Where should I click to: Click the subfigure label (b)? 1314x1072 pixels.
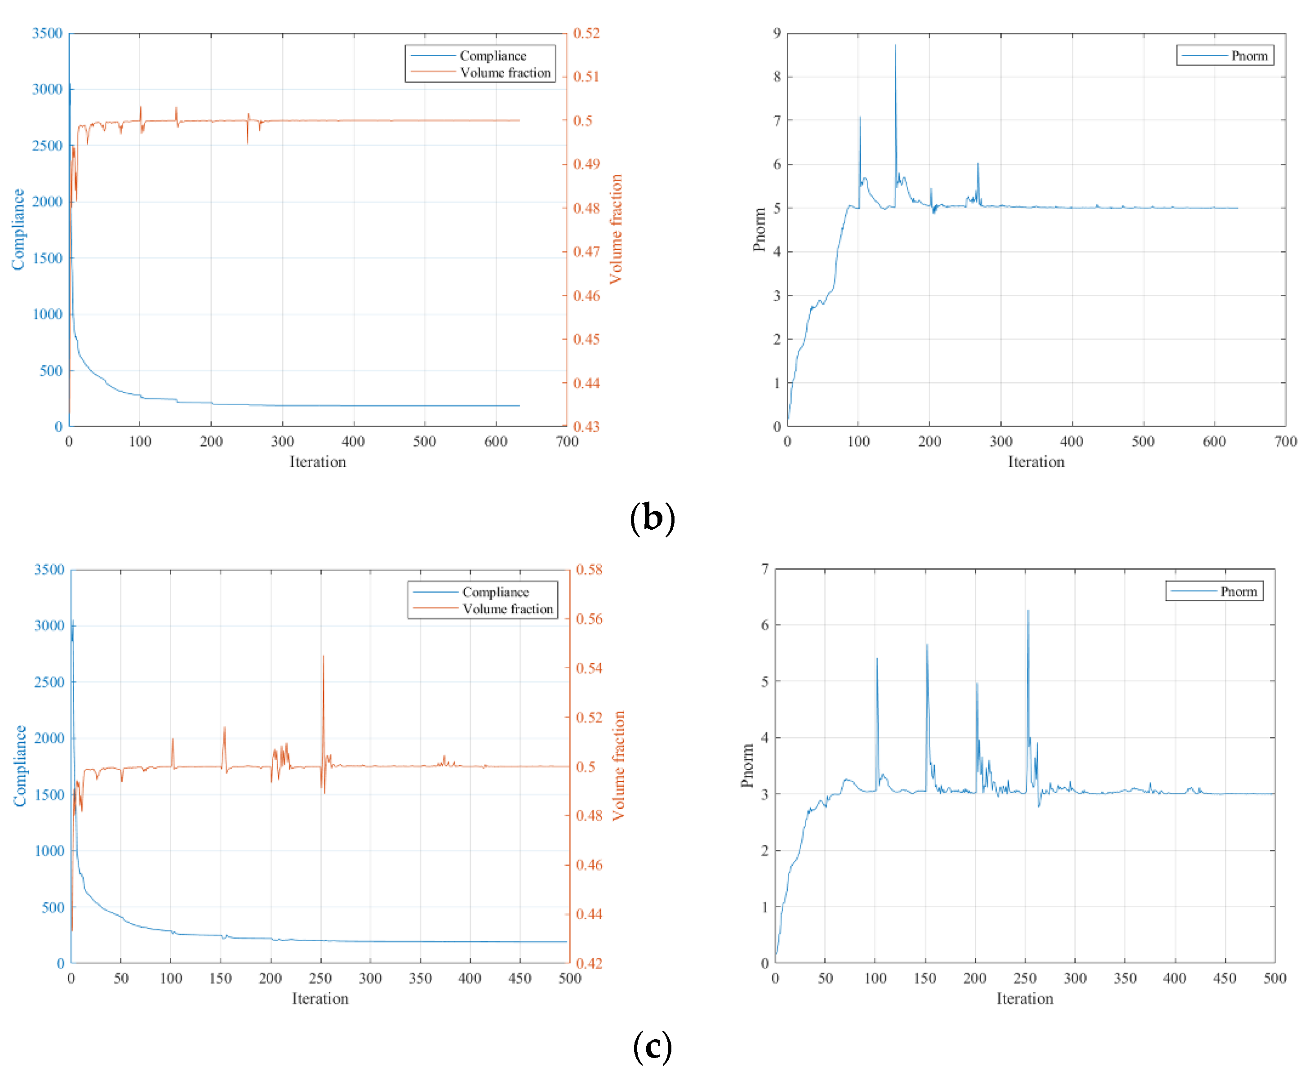coord(652,518)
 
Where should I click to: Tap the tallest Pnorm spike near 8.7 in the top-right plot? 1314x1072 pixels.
coord(895,46)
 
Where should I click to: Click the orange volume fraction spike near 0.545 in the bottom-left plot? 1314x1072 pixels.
coord(323,657)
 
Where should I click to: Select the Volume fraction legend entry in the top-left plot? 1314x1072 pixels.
coord(505,73)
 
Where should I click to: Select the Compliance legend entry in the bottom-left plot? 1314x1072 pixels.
coord(495,592)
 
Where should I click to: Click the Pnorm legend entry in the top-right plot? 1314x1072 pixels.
coord(1249,56)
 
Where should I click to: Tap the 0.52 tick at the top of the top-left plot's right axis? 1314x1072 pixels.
coord(586,33)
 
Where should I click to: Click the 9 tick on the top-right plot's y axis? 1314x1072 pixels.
coord(777,33)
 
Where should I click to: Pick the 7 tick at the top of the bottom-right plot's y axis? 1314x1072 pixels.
coord(765,569)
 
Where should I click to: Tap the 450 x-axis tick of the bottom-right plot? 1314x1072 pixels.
coord(1225,978)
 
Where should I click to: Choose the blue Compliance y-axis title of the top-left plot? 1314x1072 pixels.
coord(18,229)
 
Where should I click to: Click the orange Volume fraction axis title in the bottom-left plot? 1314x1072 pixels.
coord(618,765)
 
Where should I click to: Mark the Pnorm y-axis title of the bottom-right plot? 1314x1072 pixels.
coord(747,765)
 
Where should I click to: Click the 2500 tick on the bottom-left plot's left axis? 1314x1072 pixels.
coord(49,682)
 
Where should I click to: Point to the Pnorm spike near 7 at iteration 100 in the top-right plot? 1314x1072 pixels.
coord(860,117)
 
